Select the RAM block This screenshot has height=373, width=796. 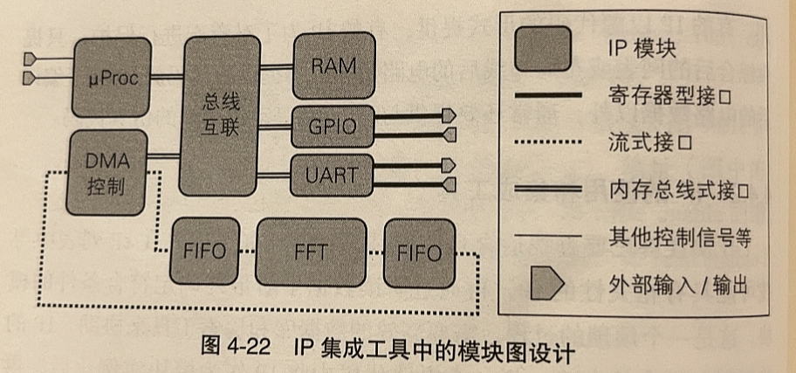click(333, 66)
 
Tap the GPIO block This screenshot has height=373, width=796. click(332, 126)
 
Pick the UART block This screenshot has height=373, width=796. click(332, 174)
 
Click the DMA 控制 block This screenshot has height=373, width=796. click(106, 173)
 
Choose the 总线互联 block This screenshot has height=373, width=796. click(220, 114)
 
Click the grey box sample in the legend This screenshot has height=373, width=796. click(544, 49)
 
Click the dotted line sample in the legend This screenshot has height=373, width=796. click(544, 142)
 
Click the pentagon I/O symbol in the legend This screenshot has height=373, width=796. click(544, 283)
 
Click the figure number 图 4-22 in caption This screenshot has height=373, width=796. click(233, 354)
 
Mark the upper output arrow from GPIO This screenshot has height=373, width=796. click(449, 115)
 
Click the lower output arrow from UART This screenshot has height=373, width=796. click(449, 185)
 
